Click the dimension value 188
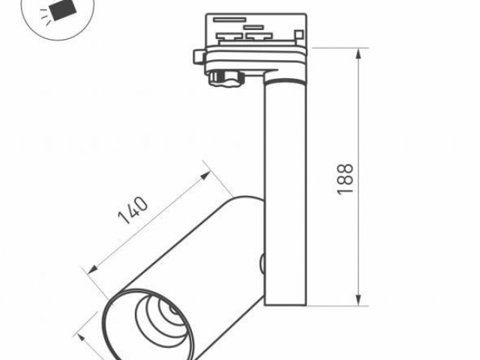coord(345,179)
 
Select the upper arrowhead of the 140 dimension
coord(208,175)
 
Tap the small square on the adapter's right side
coord(298,34)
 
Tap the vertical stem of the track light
coord(285,187)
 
